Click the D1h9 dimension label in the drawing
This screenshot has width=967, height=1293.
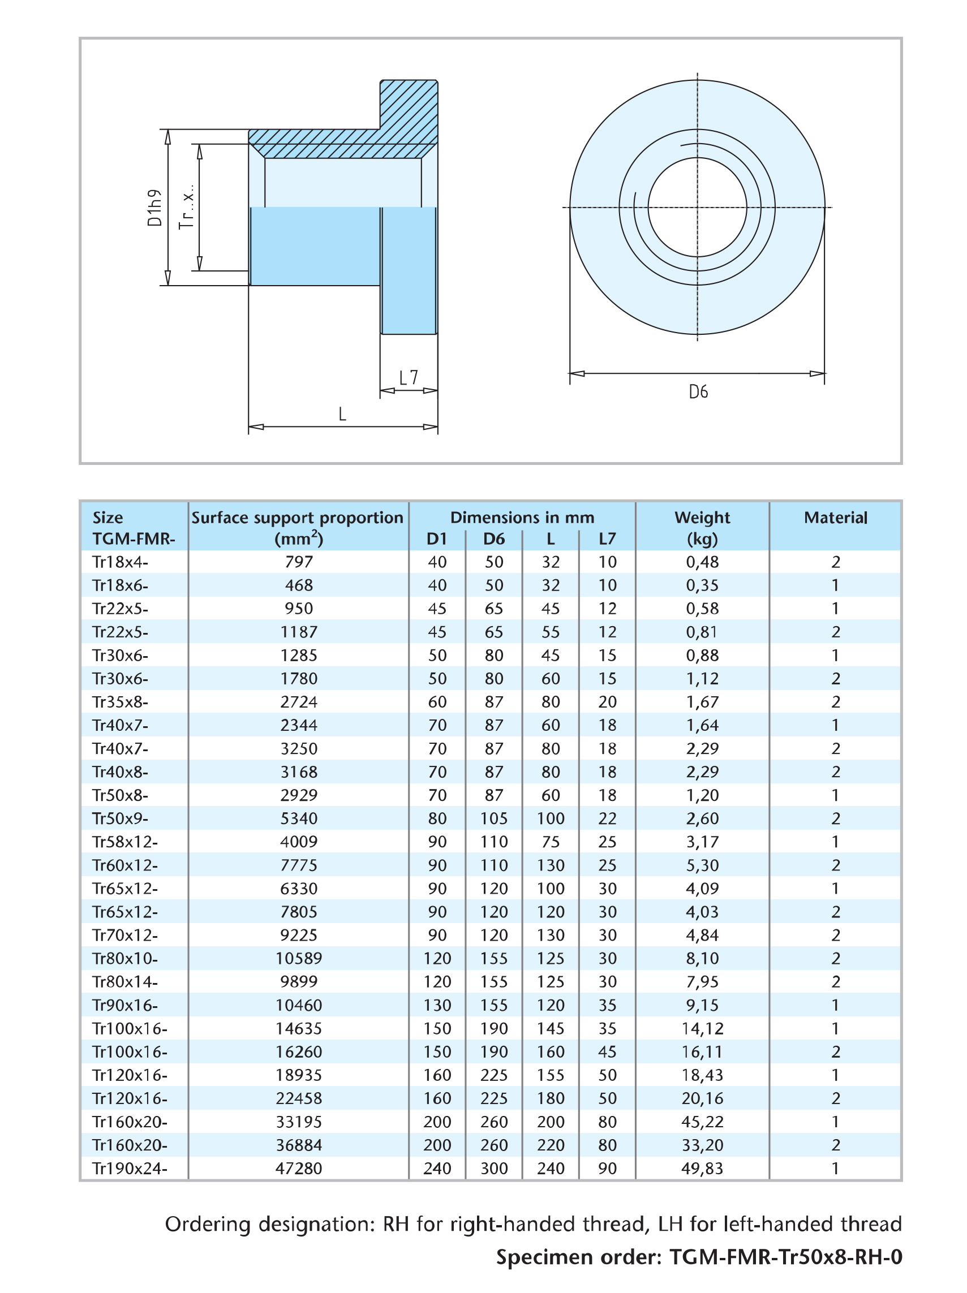(154, 208)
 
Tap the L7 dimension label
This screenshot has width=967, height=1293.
(409, 378)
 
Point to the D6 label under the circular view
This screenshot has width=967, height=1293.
(698, 391)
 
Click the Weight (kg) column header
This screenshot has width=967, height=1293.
(702, 528)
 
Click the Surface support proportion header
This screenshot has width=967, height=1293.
(298, 518)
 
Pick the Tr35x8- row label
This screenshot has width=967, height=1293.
(121, 701)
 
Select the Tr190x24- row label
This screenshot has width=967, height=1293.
(130, 1169)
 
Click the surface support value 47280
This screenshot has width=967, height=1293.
(299, 1169)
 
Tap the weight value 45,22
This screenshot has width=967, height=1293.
(702, 1122)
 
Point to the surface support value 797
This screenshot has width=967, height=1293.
(299, 562)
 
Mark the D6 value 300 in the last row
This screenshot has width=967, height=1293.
(494, 1169)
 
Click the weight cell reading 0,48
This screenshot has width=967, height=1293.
(702, 562)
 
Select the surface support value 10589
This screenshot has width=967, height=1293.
(299, 959)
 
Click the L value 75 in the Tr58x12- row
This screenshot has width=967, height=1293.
(550, 842)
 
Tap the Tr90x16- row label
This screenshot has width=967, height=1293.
(125, 1006)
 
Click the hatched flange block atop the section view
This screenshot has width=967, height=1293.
(409, 111)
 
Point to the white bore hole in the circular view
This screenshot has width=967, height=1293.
(697, 208)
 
